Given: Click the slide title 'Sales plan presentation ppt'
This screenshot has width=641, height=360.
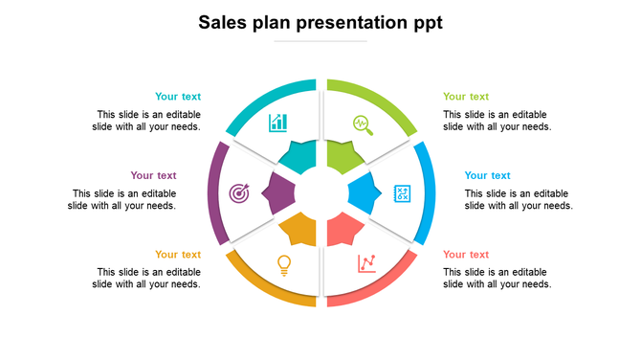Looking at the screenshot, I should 320,21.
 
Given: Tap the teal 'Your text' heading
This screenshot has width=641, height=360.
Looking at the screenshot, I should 178,97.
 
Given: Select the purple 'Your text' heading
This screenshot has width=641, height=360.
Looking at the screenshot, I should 153,175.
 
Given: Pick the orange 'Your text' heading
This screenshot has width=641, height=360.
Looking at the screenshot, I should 178,255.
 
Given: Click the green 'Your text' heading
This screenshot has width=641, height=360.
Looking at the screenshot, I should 466,97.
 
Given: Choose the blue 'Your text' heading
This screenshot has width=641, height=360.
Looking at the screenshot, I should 488,175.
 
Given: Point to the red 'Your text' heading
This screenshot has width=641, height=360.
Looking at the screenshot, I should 466,255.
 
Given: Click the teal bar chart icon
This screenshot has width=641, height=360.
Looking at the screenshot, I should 278,123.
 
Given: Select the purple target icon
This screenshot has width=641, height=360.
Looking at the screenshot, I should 239,193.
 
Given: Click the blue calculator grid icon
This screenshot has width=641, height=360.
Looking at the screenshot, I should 403,193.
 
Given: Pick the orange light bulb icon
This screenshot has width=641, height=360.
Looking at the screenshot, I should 283,264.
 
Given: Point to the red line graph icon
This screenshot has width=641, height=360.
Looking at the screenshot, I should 366,262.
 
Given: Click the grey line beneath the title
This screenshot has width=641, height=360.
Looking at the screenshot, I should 320,41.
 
